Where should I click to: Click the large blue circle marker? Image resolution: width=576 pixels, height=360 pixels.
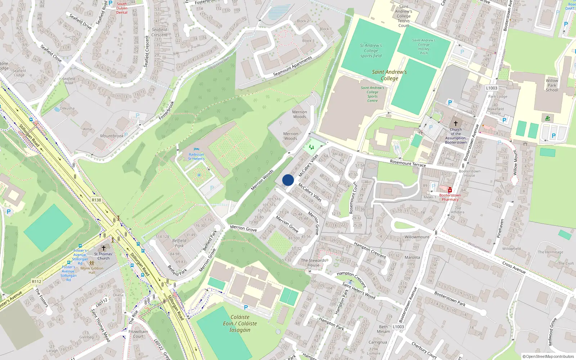(x=288, y=180)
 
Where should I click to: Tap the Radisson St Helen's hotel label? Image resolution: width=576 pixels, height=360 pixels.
(x=196, y=157)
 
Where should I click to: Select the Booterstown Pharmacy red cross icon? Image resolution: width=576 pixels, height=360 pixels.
(x=450, y=190)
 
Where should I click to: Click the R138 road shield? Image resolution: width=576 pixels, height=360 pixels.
(x=96, y=200)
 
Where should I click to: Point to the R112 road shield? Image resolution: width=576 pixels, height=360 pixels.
(x=36, y=282)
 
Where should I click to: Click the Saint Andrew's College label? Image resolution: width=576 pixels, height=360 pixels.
(x=390, y=75)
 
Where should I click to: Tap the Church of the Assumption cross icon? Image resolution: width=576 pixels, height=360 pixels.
(x=455, y=123)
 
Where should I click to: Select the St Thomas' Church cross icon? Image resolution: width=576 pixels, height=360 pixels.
(x=104, y=248)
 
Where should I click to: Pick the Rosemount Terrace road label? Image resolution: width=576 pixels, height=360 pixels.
(x=408, y=163)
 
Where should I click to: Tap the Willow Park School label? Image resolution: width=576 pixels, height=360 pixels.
(x=552, y=85)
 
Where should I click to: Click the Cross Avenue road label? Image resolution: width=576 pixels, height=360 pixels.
(x=514, y=267)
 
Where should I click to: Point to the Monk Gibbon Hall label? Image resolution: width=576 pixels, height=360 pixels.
(x=92, y=270)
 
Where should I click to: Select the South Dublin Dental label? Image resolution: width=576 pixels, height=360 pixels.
(x=122, y=8)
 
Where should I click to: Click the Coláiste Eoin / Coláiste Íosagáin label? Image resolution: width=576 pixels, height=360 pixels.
(x=240, y=323)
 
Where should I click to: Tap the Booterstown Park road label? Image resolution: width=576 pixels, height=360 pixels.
(x=450, y=299)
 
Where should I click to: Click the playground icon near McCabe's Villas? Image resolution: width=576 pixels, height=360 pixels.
(x=311, y=147)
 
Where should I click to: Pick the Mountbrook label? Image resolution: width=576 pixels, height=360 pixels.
(x=112, y=136)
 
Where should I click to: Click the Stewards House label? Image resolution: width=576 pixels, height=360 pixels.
(x=313, y=262)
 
